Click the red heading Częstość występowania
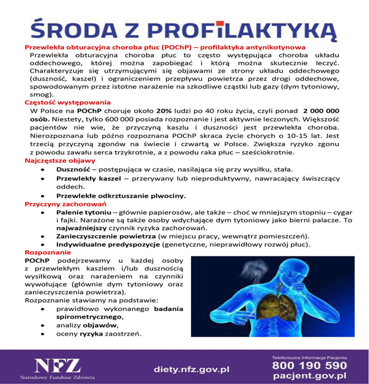point(68,103)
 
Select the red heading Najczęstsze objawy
point(60,161)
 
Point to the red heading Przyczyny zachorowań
point(66,204)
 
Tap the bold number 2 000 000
point(321,111)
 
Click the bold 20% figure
point(163,111)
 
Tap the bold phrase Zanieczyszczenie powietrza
point(106,236)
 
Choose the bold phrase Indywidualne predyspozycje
point(108,245)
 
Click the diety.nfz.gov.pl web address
point(191,369)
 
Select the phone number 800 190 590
point(309,366)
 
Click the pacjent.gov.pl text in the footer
point(310,376)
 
